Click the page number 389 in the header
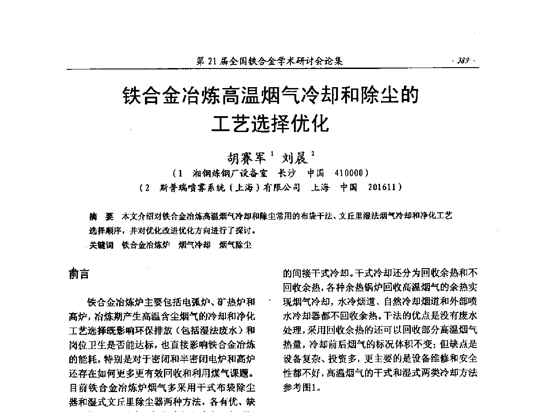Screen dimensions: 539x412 pyautogui.click(x=463, y=61)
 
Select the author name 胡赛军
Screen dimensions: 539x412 pyautogui.click(x=247, y=158)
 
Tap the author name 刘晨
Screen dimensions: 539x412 pyautogui.click(x=295, y=158)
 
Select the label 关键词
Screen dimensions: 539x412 pyautogui.click(x=101, y=245)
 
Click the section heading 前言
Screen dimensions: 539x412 pyautogui.click(x=79, y=274)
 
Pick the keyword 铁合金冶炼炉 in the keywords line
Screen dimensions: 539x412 pyautogui.click(x=146, y=245)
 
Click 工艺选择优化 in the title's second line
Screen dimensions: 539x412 pyautogui.click(x=271, y=123)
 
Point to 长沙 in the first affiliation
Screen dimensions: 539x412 pyautogui.click(x=286, y=173)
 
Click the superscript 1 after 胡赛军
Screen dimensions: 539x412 pyautogui.click(x=271, y=153)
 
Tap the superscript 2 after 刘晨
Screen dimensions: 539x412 pyautogui.click(x=313, y=153)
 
